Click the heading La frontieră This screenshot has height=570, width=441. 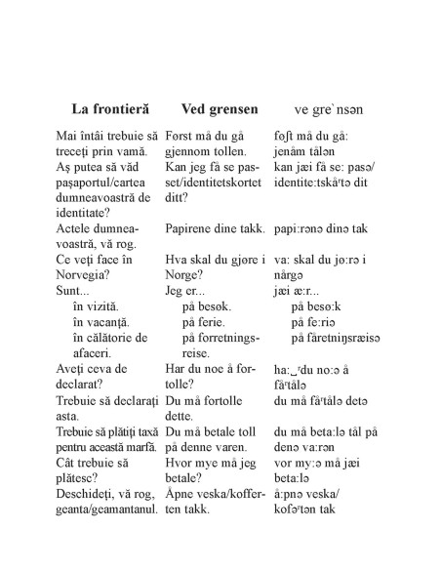coord(110,108)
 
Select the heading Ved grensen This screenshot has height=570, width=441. coord(222,108)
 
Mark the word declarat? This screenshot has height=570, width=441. coord(84,383)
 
